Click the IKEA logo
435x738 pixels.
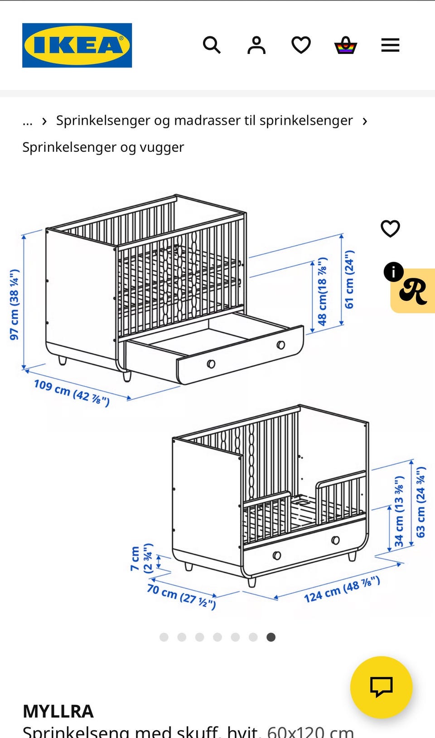coord(77,45)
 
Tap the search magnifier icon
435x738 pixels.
coord(212,45)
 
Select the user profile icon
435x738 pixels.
coord(256,45)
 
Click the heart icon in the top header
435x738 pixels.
coord(301,45)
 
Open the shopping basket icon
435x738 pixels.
coord(345,45)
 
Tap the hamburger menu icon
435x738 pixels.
coord(390,45)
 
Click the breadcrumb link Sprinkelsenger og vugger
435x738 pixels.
coord(103,147)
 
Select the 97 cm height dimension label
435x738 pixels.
coord(14,304)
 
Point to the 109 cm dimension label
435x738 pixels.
coord(72,393)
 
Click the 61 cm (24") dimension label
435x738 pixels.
coord(349,279)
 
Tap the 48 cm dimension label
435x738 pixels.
coord(322,291)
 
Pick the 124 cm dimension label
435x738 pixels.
coord(342,589)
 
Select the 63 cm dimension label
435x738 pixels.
coord(421,502)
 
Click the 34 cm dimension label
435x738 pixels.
coord(399,511)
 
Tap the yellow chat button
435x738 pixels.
coord(381,687)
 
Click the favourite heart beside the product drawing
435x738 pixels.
coord(390,228)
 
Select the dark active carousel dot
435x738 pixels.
coord(271,637)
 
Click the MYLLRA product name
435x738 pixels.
coord(58,711)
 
